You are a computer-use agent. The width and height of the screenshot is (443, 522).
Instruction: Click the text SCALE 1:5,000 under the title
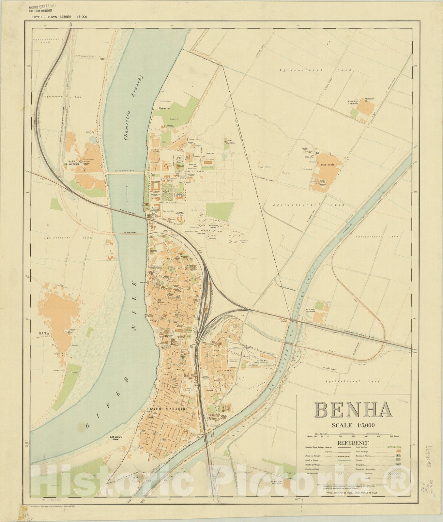click(x=353, y=425)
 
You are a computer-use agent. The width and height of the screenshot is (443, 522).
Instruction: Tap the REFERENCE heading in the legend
click(x=353, y=443)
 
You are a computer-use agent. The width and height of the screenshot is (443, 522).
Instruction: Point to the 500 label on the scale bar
click(x=391, y=436)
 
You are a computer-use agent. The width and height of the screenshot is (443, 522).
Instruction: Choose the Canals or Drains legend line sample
click(x=344, y=461)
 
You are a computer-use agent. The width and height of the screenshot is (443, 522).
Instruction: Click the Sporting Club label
click(x=169, y=211)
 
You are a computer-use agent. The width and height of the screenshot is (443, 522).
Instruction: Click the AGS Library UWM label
click(x=115, y=438)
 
